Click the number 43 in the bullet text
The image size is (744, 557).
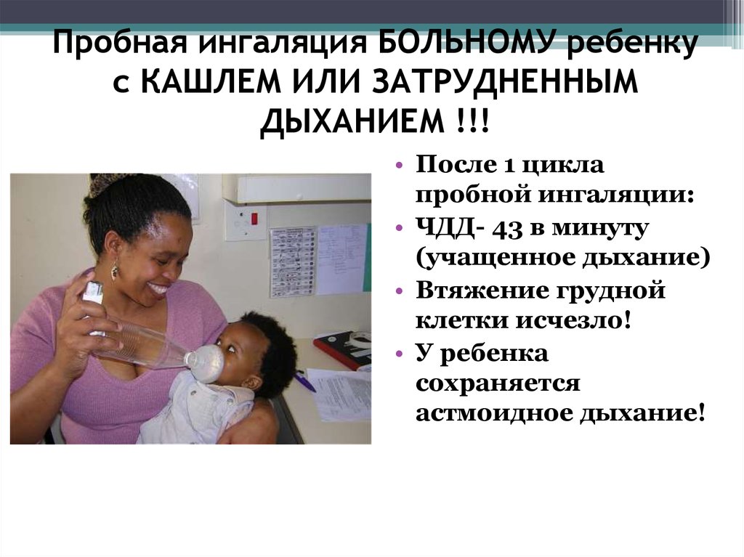click(x=509, y=229)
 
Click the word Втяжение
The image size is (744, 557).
click(x=481, y=290)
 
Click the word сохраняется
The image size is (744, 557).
click(x=498, y=383)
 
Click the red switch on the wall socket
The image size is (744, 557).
click(x=254, y=219)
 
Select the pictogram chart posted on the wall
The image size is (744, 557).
click(x=293, y=261)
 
